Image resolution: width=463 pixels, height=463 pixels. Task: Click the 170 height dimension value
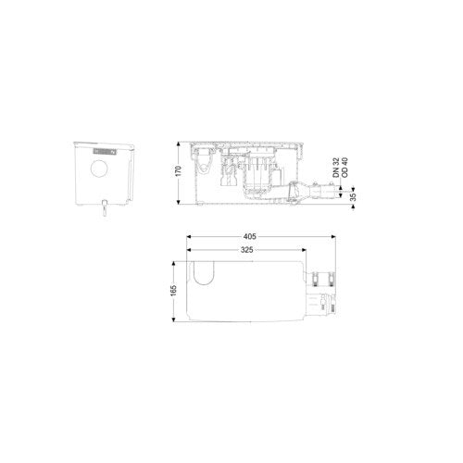click(x=178, y=171)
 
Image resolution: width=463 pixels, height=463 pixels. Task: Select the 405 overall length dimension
click(x=250, y=236)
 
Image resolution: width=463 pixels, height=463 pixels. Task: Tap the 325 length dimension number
click(x=247, y=250)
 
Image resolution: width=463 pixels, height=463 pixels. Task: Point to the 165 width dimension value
click(x=173, y=291)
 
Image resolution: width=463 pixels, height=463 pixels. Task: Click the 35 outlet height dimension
click(x=354, y=197)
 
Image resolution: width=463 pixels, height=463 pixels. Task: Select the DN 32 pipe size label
click(x=336, y=168)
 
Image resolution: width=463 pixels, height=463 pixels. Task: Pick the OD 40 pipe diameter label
click(x=344, y=168)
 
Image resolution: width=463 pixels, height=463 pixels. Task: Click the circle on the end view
click(x=99, y=169)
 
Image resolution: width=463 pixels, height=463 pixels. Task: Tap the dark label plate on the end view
click(x=105, y=152)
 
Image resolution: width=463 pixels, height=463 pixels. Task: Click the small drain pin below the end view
click(x=105, y=207)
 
